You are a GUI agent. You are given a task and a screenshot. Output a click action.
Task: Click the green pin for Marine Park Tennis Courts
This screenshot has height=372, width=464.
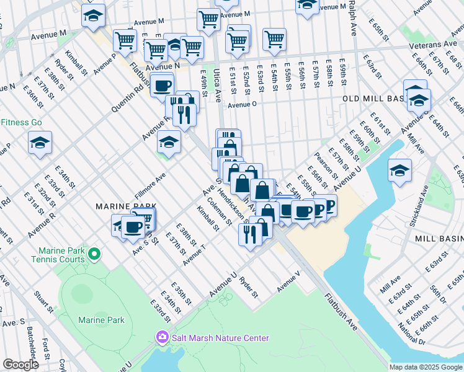click(x=94, y=254)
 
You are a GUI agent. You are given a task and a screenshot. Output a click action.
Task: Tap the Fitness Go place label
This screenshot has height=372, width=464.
click(x=21, y=122)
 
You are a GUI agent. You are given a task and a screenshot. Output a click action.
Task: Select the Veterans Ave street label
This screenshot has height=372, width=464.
click(x=432, y=45)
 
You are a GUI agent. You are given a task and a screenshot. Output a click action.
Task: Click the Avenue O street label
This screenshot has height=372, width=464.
click(x=242, y=105)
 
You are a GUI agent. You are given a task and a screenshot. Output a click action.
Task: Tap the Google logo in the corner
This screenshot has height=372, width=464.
click(x=20, y=365)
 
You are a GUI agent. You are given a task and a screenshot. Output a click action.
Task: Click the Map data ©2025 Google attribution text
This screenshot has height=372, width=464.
click(x=426, y=367)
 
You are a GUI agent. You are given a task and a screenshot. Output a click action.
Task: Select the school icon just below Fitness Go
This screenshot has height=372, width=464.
click(x=40, y=144)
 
